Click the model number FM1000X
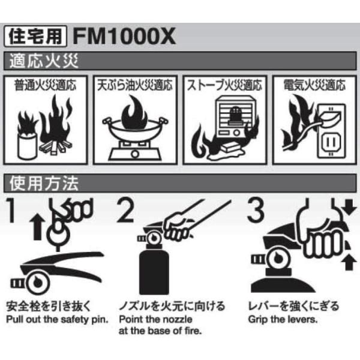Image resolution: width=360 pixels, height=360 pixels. (124, 37)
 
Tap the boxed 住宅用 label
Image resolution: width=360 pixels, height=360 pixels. (37, 37)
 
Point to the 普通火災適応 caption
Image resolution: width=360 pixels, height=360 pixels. (46, 85)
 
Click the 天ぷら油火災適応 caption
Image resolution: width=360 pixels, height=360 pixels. (134, 85)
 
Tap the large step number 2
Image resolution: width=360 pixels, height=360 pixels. (127, 210)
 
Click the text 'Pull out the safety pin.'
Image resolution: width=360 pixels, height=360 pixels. (56, 319)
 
